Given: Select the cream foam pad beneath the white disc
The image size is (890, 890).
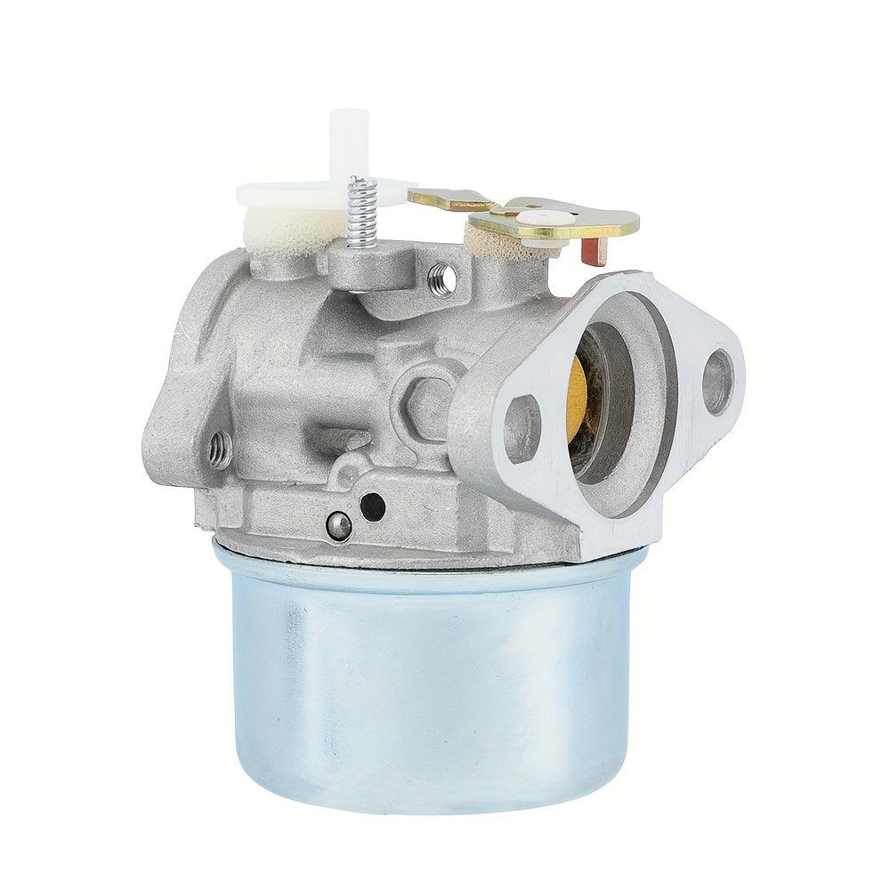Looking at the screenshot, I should click(285, 226).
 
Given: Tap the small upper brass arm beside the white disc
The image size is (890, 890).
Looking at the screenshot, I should click(449, 198).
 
